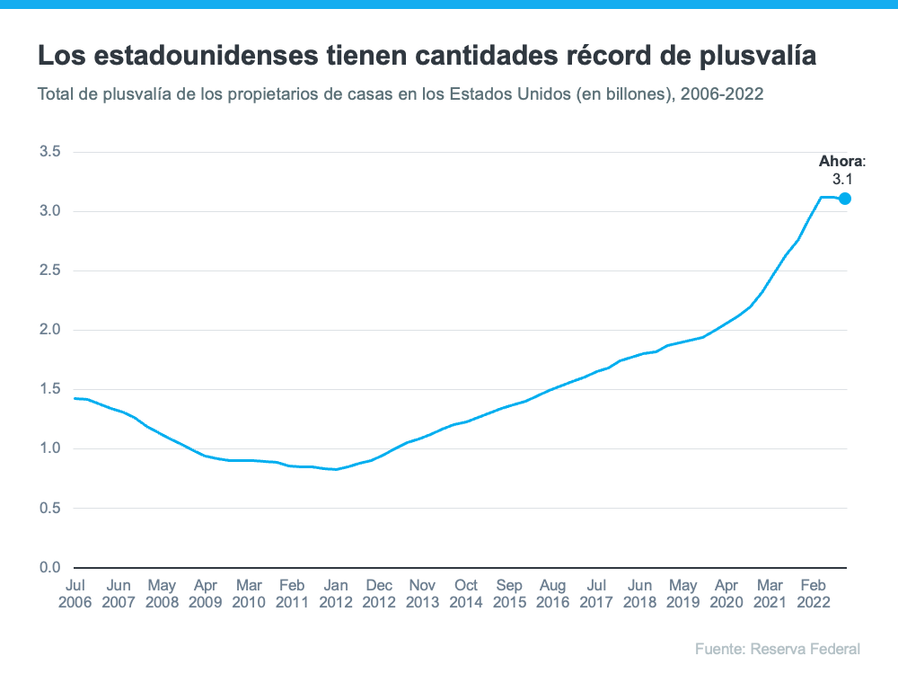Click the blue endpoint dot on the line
pos(845,199)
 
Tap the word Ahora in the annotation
pos(840,163)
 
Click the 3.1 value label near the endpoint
pos(842,180)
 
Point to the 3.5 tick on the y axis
pos(49,152)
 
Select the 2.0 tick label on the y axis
pos(49,330)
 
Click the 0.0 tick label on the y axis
pos(49,567)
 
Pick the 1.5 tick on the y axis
pos(49,389)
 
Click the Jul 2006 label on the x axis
pos(75,593)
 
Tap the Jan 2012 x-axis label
pos(335,593)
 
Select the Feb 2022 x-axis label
pos(814,593)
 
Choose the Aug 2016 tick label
pos(553,593)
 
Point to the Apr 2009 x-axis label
pos(205,593)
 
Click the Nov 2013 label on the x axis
pos(422,593)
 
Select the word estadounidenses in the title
pos(194,57)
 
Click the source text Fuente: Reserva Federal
pos(777,648)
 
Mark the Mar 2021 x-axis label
pos(770,593)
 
